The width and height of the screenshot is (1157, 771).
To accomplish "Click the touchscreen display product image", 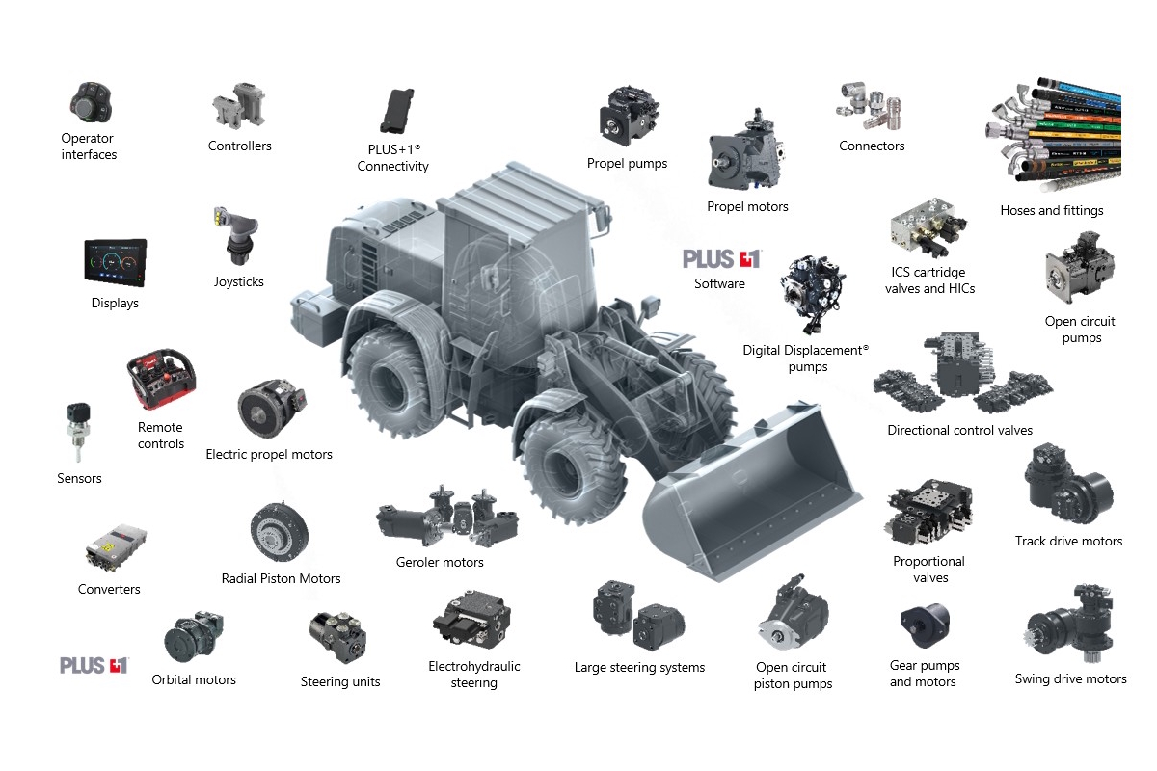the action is [x=116, y=262].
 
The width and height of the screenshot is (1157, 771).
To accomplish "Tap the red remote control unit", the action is [x=161, y=379].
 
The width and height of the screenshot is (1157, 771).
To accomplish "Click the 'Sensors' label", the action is [x=79, y=478].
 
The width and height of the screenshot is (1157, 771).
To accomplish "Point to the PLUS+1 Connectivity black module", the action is [x=396, y=111].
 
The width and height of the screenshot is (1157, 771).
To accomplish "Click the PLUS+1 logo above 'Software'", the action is [x=721, y=259].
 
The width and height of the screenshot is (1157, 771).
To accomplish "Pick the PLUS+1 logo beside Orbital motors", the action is [x=94, y=665].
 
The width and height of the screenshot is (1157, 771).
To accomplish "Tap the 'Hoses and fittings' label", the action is [x=1052, y=210].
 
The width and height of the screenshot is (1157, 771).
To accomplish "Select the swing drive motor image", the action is [x=1070, y=624].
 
